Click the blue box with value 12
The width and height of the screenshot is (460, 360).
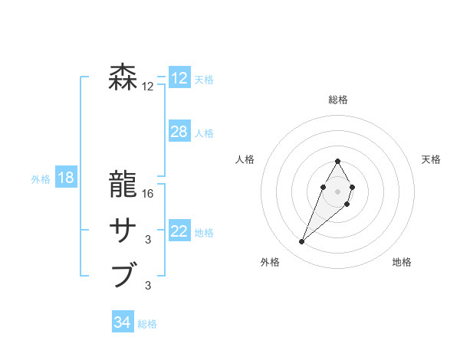(x=179, y=78)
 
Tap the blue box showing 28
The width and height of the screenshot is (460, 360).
(x=179, y=132)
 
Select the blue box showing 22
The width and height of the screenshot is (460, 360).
(x=179, y=231)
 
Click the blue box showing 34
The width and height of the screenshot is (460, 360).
(x=123, y=322)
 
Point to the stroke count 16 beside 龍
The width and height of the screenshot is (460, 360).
(x=148, y=194)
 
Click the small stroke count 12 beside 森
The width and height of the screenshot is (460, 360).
(x=148, y=87)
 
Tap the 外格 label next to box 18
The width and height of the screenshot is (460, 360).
(x=41, y=179)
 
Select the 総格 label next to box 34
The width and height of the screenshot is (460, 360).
(x=147, y=324)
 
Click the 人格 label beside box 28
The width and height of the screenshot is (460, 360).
(x=204, y=133)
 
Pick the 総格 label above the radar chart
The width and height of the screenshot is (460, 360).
(x=337, y=100)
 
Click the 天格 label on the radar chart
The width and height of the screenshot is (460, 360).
(x=431, y=159)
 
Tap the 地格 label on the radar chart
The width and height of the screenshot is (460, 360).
(x=402, y=262)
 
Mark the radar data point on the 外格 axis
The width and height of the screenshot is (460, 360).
(x=302, y=241)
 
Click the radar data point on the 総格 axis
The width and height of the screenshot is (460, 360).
(x=337, y=161)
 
